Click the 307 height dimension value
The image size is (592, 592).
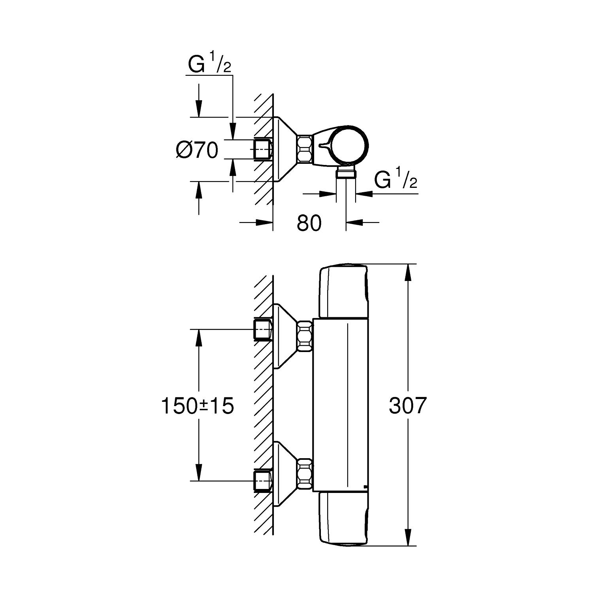(408, 405)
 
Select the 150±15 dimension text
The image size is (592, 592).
(198, 406)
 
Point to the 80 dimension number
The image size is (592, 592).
(309, 223)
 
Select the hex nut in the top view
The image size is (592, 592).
(305, 149)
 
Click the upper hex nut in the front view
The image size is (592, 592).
(305, 335)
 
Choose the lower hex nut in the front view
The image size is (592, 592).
(305, 474)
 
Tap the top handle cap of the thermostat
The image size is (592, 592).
(343, 291)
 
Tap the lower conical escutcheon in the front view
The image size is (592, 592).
(285, 474)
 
